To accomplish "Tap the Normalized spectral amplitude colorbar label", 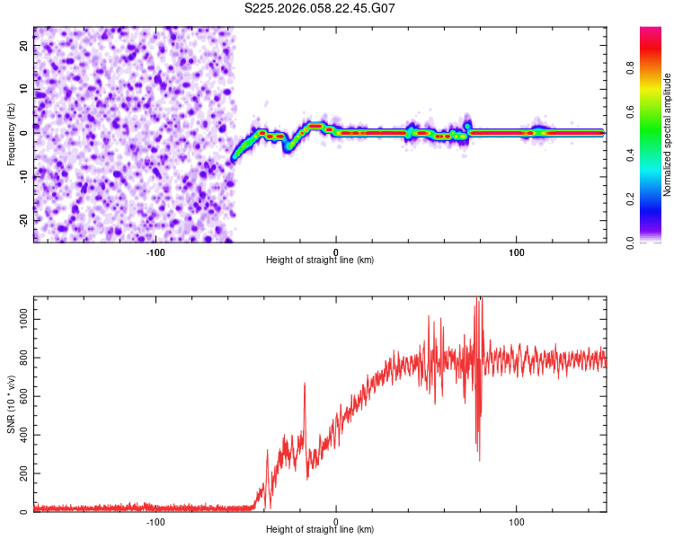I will [x=668, y=134].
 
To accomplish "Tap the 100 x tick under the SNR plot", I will [x=517, y=521].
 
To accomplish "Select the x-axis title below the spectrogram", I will [x=320, y=261].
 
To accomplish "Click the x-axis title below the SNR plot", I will [x=320, y=531].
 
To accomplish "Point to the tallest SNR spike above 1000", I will [x=479, y=300].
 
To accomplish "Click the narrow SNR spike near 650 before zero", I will [x=305, y=384].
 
